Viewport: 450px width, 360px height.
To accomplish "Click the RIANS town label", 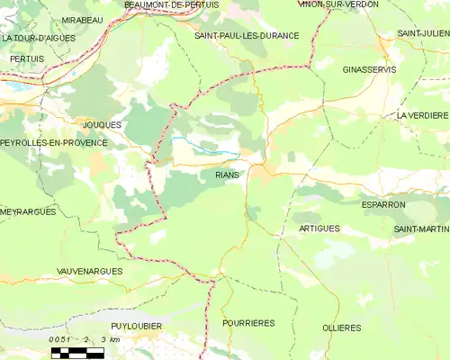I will pos(227,175).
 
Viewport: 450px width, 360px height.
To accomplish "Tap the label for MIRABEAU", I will pos(82,19).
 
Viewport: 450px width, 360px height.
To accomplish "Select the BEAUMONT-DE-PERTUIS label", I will pos(171,5).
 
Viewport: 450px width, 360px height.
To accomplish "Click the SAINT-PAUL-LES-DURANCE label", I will pos(247,35).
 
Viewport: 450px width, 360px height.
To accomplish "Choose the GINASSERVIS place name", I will pos(372,68).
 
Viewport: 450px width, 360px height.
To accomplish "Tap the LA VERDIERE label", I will pos(422,116).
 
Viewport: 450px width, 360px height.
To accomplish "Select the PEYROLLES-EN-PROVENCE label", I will pos(54,143).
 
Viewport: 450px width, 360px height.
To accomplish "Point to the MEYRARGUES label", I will pos(29,211).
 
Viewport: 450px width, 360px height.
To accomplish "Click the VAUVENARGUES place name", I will pos(88,270).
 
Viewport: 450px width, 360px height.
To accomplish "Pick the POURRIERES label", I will pos(248,322).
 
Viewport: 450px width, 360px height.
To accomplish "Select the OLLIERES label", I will pos(341,328).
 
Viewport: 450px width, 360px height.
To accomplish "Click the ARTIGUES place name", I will pos(319,229).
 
